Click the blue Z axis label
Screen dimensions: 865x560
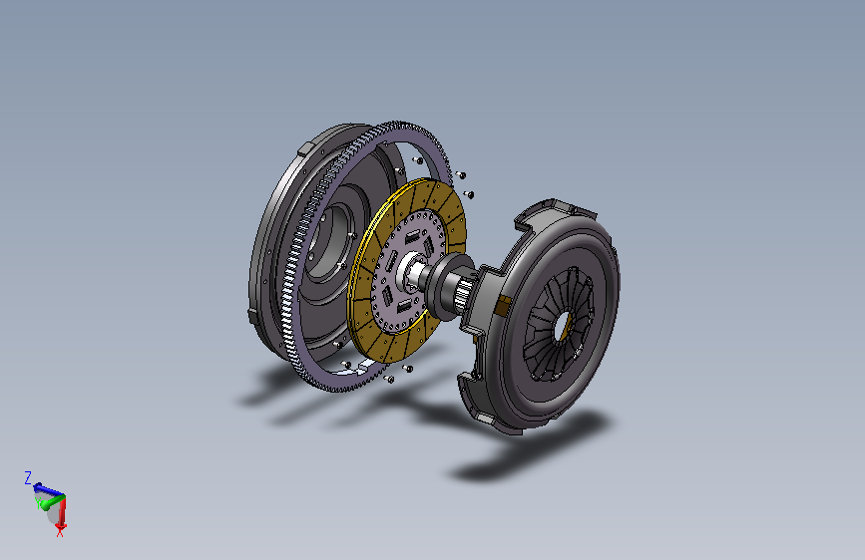point(28,477)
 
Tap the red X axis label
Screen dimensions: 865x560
point(60,531)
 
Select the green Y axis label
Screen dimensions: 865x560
point(38,502)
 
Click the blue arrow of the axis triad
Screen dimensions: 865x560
point(49,489)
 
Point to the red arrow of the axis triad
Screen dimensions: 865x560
point(61,511)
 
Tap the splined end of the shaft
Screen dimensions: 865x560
point(465,292)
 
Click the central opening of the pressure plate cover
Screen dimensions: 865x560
point(564,325)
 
